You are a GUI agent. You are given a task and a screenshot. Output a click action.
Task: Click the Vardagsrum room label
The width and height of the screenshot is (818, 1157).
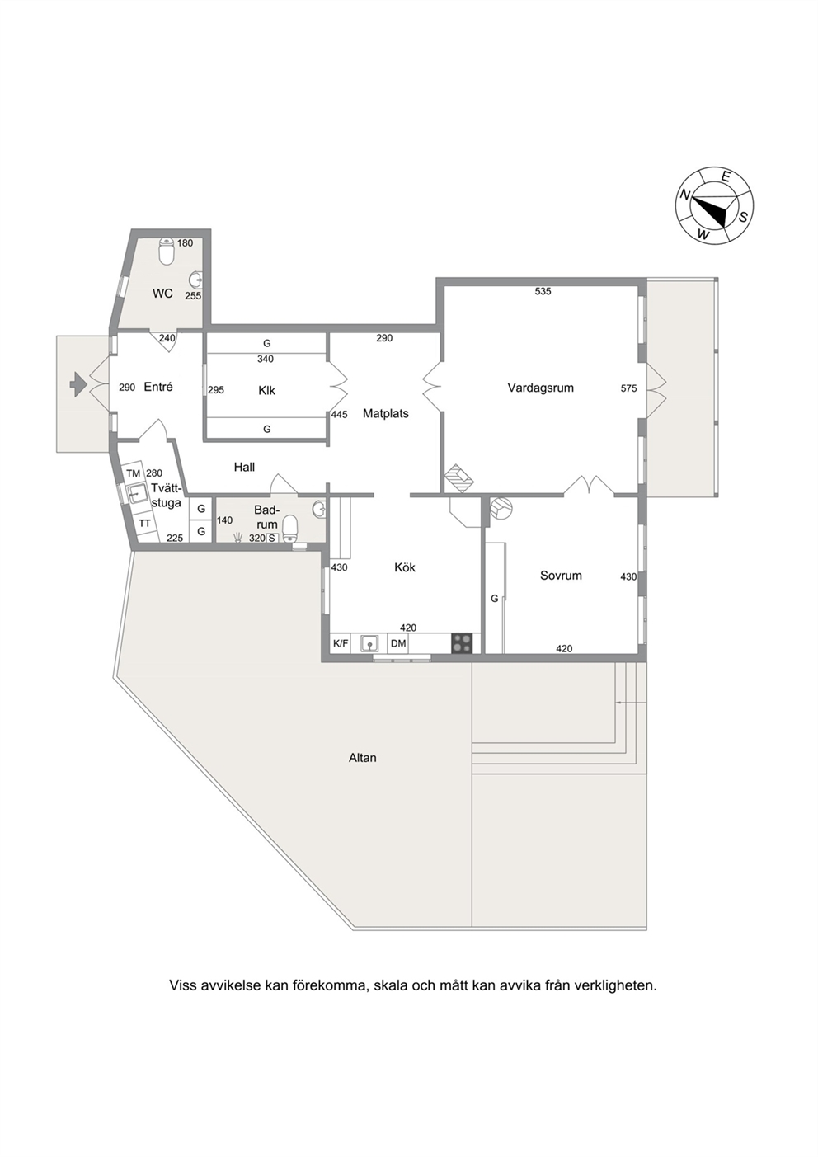point(540,388)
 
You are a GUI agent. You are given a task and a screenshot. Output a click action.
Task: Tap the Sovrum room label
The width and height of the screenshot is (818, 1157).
point(561,576)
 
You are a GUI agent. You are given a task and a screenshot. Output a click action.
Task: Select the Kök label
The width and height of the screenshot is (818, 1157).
point(405,567)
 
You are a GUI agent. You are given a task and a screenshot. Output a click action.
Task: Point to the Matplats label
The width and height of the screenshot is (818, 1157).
point(385,413)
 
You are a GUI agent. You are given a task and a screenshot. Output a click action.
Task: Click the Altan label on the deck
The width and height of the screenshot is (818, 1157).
point(363,758)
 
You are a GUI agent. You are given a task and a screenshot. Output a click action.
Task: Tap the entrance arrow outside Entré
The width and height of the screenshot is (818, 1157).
point(78,384)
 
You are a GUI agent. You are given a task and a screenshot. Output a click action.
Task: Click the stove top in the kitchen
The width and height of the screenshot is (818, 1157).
point(462,643)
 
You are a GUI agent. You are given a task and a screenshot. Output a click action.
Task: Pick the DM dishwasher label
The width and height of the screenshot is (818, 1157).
point(398,643)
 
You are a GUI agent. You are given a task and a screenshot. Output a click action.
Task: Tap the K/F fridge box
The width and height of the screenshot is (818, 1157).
point(341,643)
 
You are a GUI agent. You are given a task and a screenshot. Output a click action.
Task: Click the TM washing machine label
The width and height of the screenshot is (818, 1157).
point(134,473)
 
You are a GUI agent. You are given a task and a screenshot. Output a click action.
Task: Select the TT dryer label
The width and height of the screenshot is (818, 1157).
point(144,523)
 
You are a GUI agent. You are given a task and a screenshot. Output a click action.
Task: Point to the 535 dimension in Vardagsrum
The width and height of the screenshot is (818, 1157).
point(543,291)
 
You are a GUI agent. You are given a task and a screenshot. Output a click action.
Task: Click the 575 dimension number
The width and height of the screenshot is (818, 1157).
point(628,388)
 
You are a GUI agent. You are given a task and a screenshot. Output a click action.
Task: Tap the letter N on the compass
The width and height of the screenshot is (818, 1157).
point(685,195)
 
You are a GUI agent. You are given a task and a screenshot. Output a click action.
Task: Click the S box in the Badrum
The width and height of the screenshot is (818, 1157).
point(271,538)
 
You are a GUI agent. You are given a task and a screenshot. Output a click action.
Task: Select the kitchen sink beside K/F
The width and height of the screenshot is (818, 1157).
point(369,643)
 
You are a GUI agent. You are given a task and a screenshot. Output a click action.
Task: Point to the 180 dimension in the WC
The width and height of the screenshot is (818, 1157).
point(185,242)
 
